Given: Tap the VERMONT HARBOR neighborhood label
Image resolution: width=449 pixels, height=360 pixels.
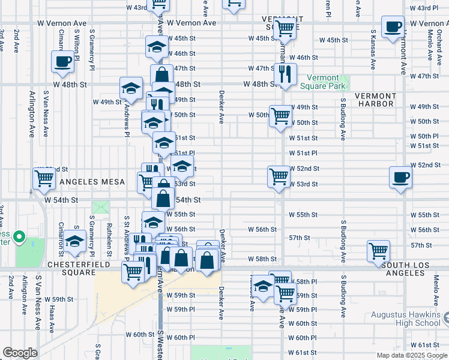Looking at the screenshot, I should click(375, 100).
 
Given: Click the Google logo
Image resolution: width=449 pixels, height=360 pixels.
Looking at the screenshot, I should click(20, 353).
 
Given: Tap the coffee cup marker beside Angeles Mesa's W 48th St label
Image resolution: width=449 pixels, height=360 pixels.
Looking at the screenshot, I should click(63, 61).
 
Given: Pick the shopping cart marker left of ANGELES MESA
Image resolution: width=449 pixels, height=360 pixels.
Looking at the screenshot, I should click(44, 178).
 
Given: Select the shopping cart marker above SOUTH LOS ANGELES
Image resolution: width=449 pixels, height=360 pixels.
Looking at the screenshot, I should click(378, 250).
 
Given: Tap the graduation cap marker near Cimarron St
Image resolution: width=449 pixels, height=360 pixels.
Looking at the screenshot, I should click(75, 242).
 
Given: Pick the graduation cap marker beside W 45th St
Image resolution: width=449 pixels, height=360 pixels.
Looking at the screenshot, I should click(157, 47).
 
